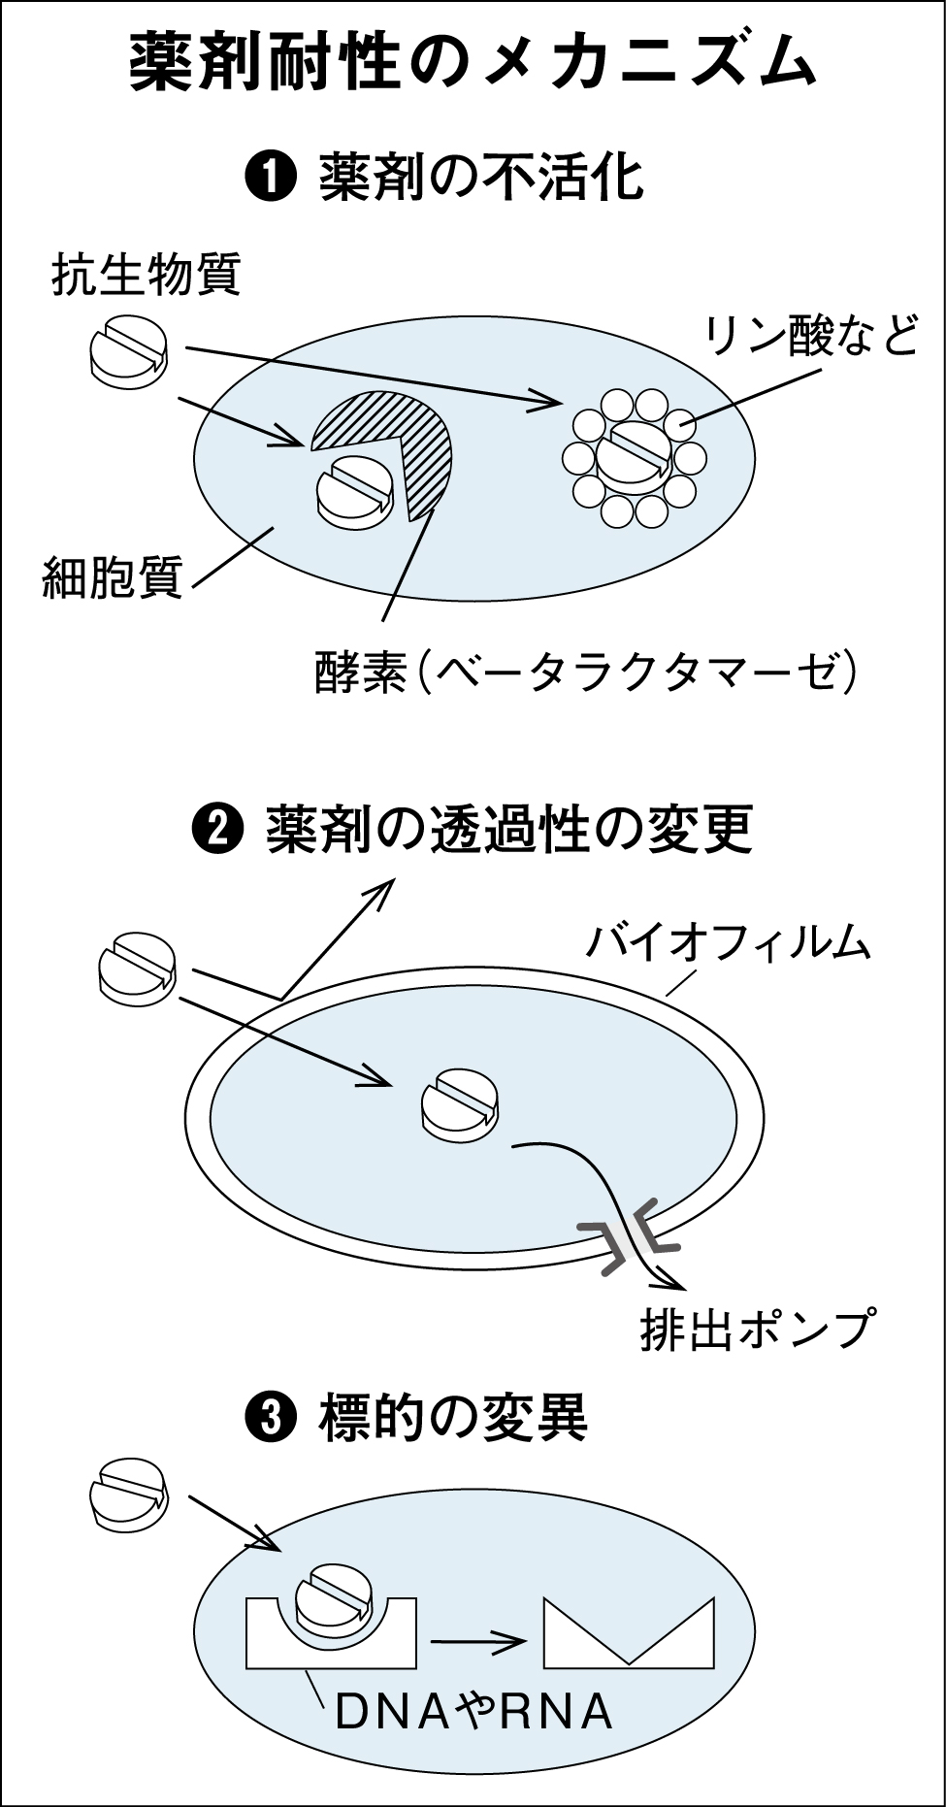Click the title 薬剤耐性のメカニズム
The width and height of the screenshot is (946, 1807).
[473, 65]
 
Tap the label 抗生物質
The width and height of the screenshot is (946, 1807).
[146, 276]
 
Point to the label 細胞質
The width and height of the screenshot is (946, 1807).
[113, 578]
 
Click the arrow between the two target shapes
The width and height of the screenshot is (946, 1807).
[478, 1642]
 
